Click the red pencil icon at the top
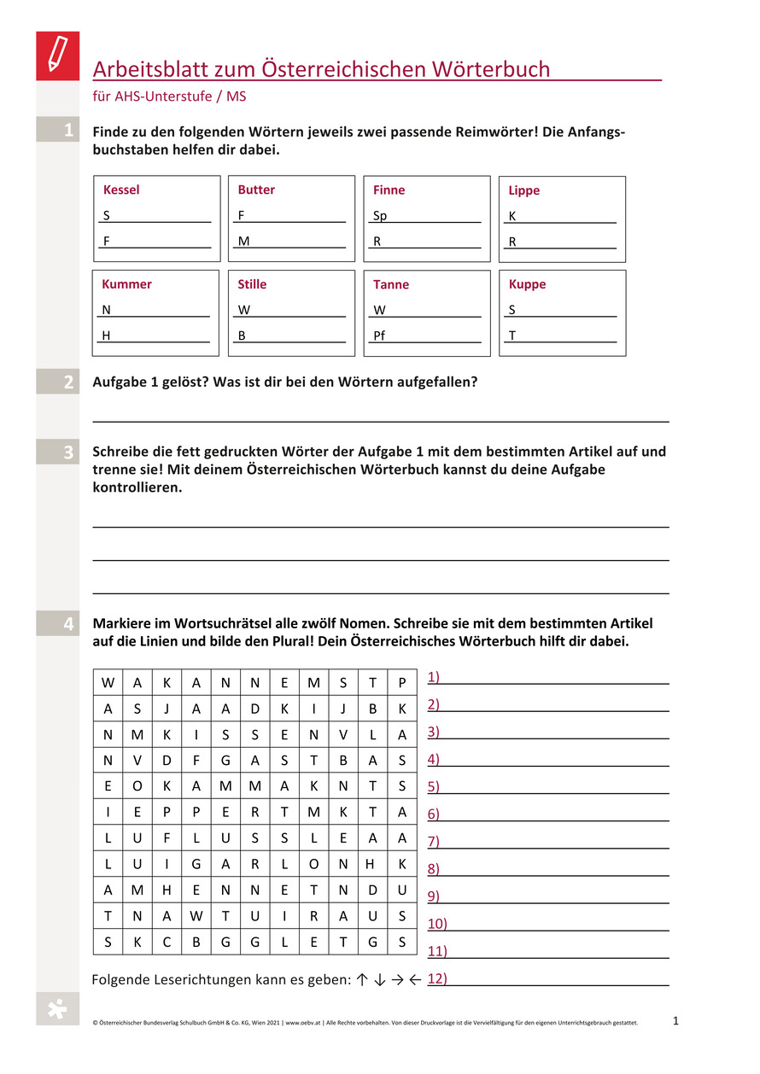[x=57, y=55]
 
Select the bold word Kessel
[x=121, y=190]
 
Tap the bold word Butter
[x=256, y=190]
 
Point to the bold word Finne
[x=389, y=190]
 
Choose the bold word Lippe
[x=524, y=190]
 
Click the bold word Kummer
[x=126, y=283]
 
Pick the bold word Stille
[x=252, y=283]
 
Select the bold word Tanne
[x=391, y=284]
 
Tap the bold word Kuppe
[x=527, y=283]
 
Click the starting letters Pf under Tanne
[x=379, y=336]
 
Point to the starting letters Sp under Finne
[x=380, y=216]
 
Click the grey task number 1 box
[x=58, y=130]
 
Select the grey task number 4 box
[x=58, y=624]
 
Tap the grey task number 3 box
[x=58, y=452]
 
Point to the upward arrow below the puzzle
[x=362, y=980]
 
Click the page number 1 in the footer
[x=675, y=1020]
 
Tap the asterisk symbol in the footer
[x=56, y=1009]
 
